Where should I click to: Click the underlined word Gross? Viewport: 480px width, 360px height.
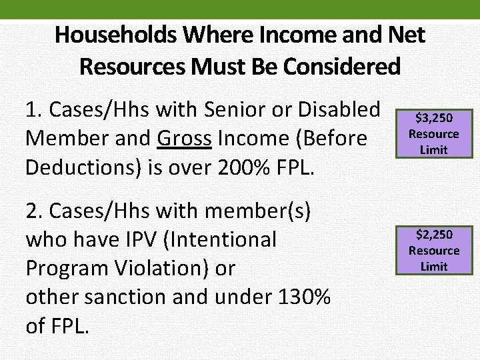click(185, 138)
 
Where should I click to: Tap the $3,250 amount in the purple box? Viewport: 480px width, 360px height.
click(434, 118)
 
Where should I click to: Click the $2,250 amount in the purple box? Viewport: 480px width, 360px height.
click(434, 235)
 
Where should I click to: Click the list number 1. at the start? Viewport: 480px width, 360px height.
click(33, 109)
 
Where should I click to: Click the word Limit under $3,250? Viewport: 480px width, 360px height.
click(434, 150)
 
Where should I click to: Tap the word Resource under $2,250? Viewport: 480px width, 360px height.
click(434, 251)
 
